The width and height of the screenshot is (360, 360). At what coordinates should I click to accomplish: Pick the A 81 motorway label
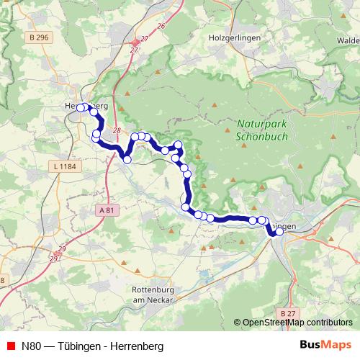[x=105, y=210]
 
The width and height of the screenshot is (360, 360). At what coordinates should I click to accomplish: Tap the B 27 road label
[x=288, y=314]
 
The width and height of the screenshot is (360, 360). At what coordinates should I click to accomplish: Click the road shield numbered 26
[x=161, y=26]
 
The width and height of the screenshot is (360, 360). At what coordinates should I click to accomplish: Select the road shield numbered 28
[x=117, y=130]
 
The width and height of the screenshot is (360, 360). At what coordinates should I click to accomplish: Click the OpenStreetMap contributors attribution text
[x=297, y=323]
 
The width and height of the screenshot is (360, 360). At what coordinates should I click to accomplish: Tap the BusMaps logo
[x=325, y=345]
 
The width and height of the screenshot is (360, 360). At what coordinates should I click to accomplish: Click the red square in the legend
[x=10, y=346]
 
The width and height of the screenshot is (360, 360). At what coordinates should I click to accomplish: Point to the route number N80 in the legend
[x=32, y=346]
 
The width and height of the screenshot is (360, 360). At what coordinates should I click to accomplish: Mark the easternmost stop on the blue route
[x=279, y=232]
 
